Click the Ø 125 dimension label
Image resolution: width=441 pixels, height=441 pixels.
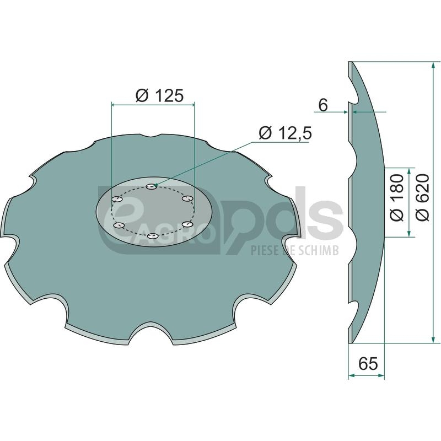point(159,95)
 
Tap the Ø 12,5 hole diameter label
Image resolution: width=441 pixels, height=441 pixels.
point(285,133)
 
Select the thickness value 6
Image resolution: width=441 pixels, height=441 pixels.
point(323,105)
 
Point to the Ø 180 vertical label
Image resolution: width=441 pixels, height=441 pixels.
point(397,197)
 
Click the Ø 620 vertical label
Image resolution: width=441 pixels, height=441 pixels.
point(422,197)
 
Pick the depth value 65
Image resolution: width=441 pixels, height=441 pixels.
point(368,363)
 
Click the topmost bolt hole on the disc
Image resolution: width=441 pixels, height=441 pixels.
point(152,186)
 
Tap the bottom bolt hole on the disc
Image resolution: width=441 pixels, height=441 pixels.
point(153,236)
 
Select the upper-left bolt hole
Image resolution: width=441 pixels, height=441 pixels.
point(117,199)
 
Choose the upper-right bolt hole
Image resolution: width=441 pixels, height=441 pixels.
point(187,198)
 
